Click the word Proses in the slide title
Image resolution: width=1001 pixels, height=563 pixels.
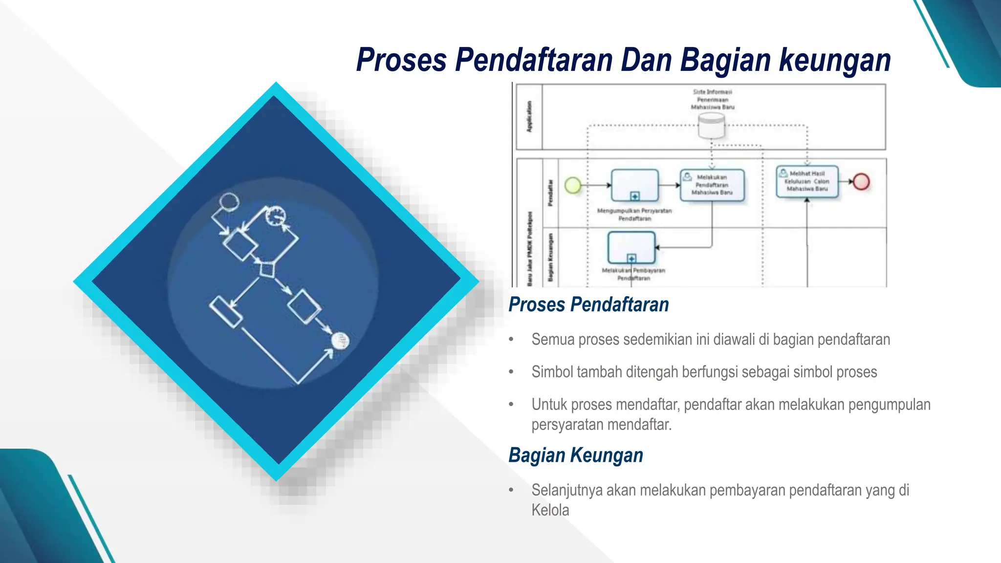(x=401, y=61)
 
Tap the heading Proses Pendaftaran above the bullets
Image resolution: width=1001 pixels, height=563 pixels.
(x=588, y=304)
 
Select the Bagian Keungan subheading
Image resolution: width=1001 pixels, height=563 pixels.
(x=576, y=455)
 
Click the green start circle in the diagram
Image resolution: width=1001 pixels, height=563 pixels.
(x=573, y=185)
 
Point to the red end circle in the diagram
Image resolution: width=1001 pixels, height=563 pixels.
(x=861, y=182)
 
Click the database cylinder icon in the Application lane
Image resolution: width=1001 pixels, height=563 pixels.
(x=711, y=126)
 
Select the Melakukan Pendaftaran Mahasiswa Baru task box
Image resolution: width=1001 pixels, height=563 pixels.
(x=712, y=185)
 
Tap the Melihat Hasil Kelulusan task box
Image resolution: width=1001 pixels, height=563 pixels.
(x=807, y=181)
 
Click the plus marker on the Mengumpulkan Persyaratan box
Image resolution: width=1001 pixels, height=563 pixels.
(x=635, y=196)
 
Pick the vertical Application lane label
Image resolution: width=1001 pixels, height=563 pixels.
(x=529, y=117)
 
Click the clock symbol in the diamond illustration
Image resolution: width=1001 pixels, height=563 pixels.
(x=276, y=216)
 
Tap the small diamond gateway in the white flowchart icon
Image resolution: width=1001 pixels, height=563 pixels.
(x=267, y=269)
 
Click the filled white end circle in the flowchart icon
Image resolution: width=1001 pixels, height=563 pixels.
(x=340, y=341)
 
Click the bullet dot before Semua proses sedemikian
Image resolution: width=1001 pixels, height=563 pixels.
(x=511, y=340)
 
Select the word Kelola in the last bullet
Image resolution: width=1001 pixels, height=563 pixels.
(x=550, y=510)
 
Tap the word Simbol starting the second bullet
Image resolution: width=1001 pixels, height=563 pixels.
(x=552, y=372)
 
